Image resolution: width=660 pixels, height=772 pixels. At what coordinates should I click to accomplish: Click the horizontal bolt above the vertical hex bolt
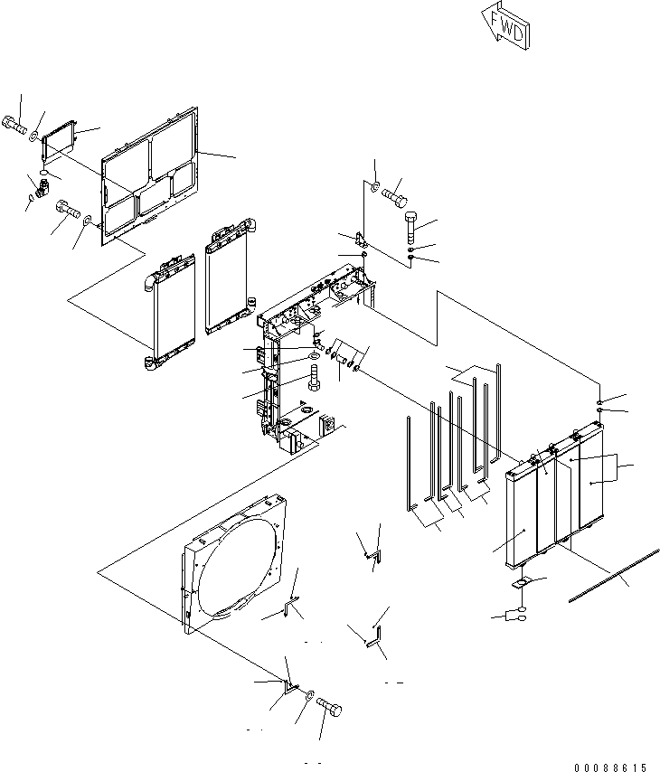[x=395, y=193]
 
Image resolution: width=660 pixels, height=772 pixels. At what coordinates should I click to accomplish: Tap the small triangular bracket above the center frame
[x=362, y=241]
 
